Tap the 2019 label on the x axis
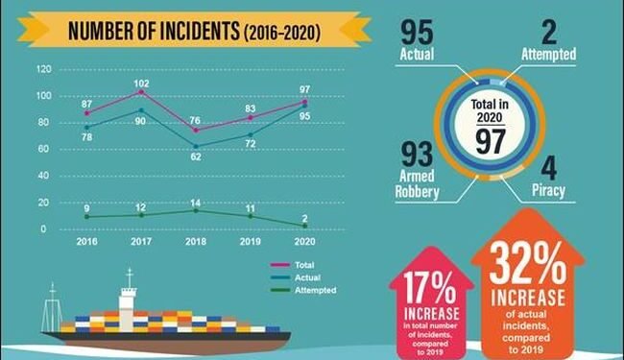[251, 244]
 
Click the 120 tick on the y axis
[43, 70]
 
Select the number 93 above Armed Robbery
[417, 155]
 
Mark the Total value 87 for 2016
[86, 103]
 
